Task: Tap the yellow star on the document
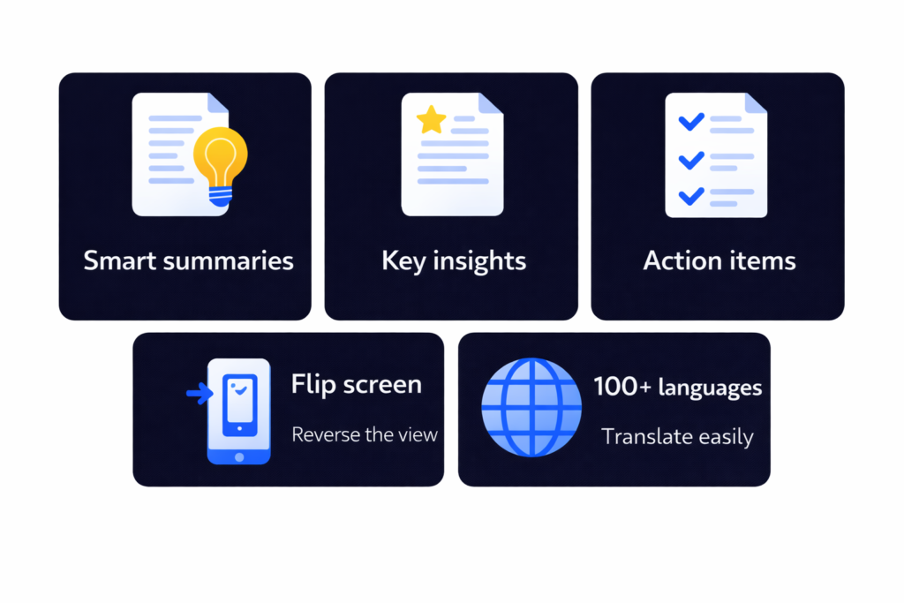click(x=431, y=120)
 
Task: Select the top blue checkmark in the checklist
click(x=689, y=121)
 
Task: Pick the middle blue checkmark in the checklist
click(x=689, y=159)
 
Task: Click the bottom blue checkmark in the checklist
click(x=689, y=194)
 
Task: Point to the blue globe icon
click(x=531, y=407)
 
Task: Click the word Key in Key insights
click(x=402, y=261)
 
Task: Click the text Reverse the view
click(x=365, y=434)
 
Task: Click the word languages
click(x=711, y=388)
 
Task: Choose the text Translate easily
click(x=677, y=436)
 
